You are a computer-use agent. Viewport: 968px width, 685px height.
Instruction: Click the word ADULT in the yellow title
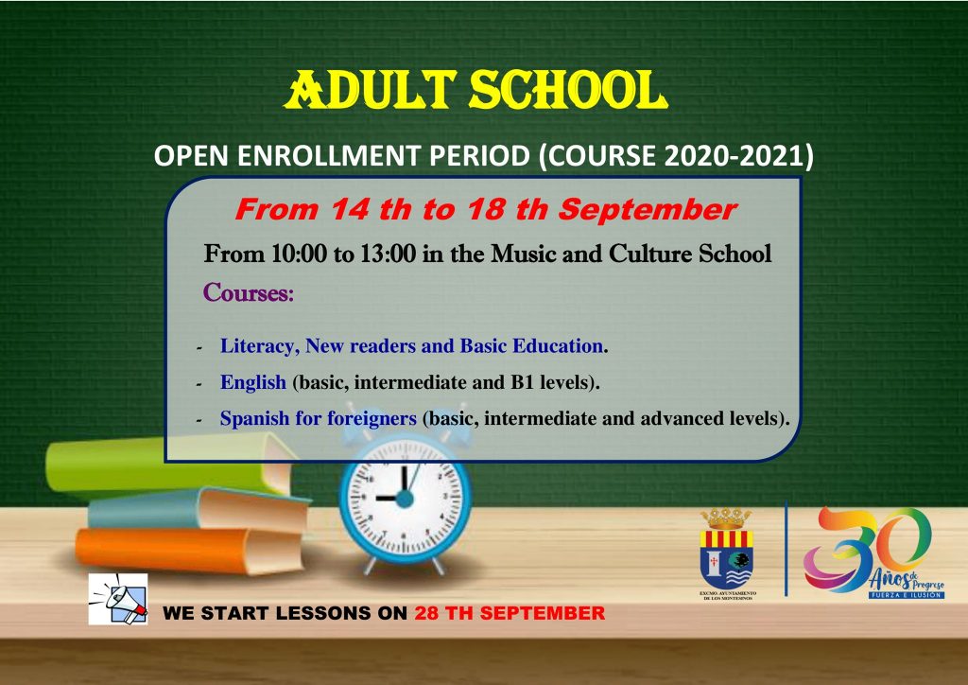tap(371, 90)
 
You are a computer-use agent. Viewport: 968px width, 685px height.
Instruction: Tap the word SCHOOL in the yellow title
tap(568, 90)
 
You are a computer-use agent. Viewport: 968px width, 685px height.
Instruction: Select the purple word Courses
tap(249, 292)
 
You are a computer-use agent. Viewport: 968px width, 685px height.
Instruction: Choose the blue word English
tap(253, 383)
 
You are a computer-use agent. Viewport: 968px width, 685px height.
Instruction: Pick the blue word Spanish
tap(254, 419)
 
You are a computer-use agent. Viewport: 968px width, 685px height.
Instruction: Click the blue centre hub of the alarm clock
tap(405, 498)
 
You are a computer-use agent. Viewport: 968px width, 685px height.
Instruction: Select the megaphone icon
tap(118, 599)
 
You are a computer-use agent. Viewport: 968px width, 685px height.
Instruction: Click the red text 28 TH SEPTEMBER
tap(510, 613)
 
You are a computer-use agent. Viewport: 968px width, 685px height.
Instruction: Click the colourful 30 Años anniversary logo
tap(874, 553)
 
